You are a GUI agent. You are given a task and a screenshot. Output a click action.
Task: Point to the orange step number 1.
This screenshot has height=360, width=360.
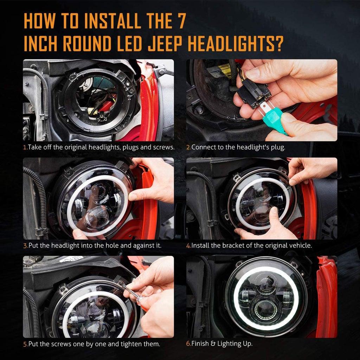pos(25,147)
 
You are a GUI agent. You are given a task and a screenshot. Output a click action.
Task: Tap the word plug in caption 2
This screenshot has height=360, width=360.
pos(275,147)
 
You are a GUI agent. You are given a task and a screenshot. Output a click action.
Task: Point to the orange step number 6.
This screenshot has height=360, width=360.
pos(188,343)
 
